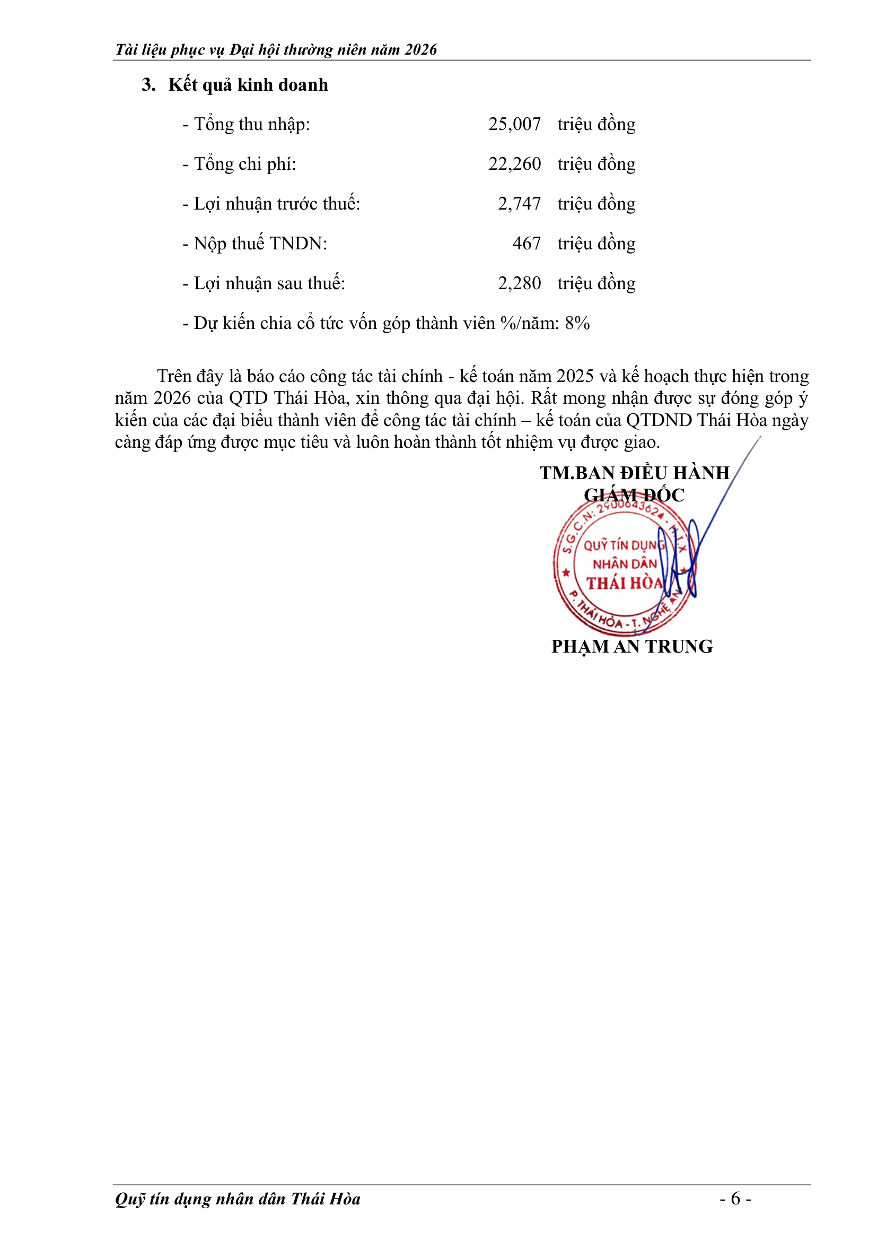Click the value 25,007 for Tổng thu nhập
click(x=514, y=124)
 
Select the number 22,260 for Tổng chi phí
click(x=514, y=164)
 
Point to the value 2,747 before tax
click(x=519, y=204)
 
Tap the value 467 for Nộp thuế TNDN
click(x=527, y=243)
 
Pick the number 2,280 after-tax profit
click(x=519, y=283)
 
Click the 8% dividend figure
click(x=577, y=323)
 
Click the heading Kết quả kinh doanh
click(x=248, y=85)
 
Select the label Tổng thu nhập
click(x=252, y=124)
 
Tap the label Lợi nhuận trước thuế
click(x=276, y=204)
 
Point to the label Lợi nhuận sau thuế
click(x=269, y=283)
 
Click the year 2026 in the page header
click(x=420, y=50)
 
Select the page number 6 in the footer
click(x=735, y=1199)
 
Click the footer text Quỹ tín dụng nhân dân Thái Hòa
click(x=238, y=1199)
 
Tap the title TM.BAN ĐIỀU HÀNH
click(x=635, y=473)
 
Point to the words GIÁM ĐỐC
click(x=634, y=495)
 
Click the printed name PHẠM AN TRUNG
click(x=632, y=646)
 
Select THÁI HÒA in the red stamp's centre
click(x=624, y=583)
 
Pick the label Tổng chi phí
click(x=244, y=164)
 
